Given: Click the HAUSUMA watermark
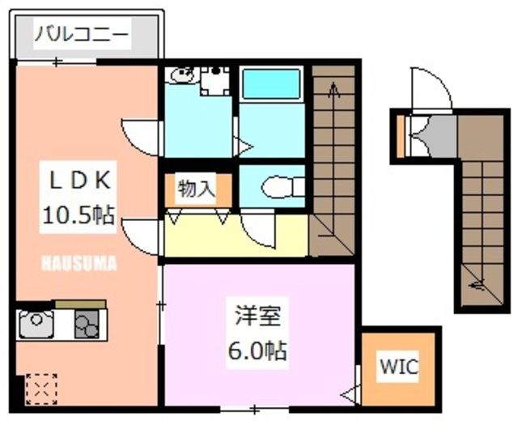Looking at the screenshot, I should (79, 263).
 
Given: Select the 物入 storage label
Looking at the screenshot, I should (197, 189).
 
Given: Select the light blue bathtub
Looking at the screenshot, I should (271, 83).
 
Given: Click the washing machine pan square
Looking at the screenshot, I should (214, 80).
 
